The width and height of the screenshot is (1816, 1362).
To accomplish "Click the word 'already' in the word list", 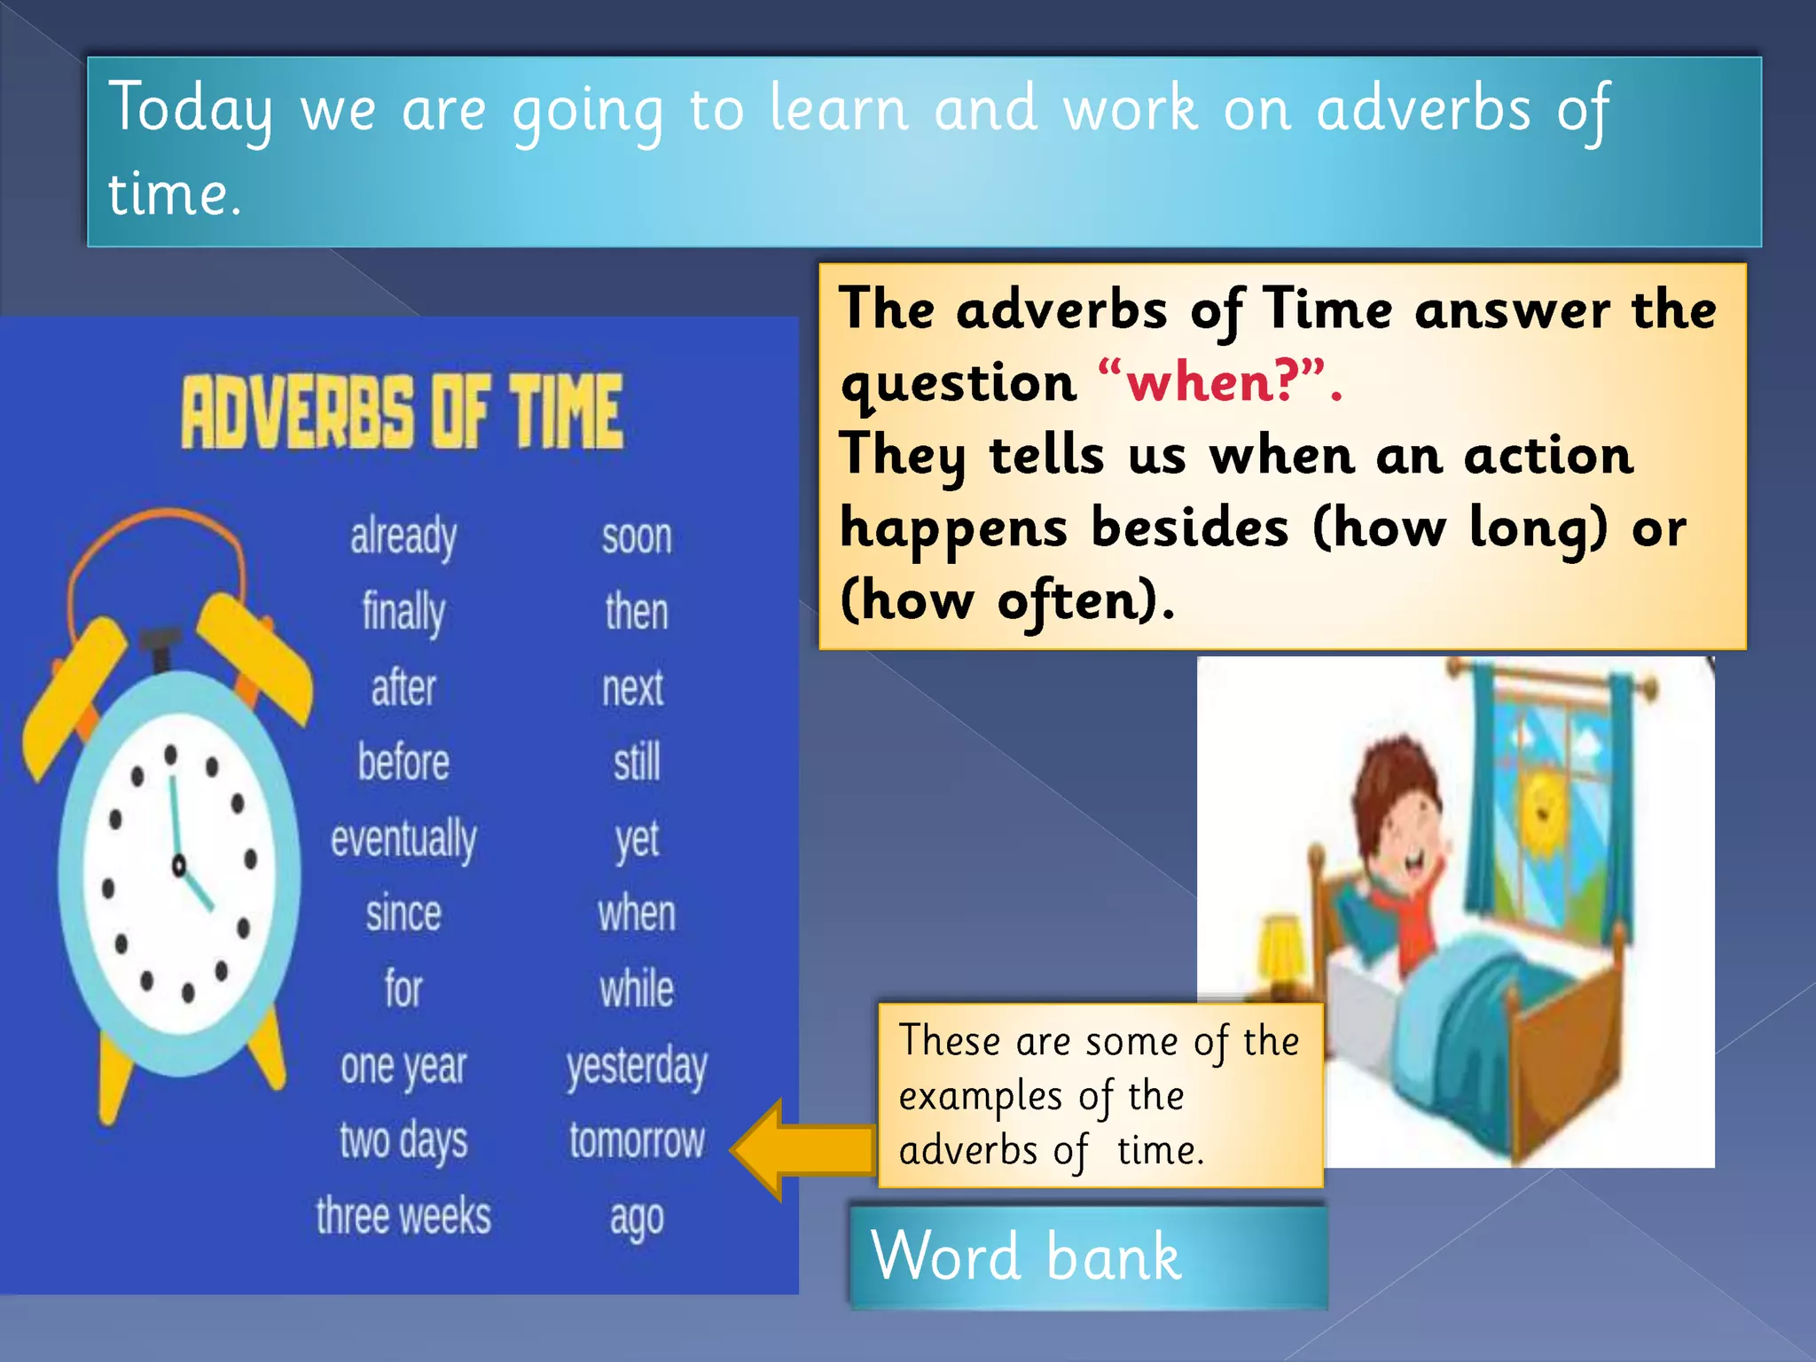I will tap(403, 537).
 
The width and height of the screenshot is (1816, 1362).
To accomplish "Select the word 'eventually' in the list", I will tap(403, 840).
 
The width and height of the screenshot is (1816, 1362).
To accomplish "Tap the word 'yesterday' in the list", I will tap(637, 1067).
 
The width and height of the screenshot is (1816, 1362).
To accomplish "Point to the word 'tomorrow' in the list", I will tap(637, 1141).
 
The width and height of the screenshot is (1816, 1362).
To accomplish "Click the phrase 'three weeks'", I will tap(403, 1217).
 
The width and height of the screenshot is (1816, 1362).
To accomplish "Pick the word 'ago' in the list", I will tap(637, 1219).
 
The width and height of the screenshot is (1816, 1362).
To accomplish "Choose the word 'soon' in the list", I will tap(637, 537).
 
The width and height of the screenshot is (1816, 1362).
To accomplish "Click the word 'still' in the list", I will tap(637, 763).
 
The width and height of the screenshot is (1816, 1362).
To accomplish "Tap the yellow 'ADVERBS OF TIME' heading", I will tap(403, 411).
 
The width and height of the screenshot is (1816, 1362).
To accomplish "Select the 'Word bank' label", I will tap(1026, 1256).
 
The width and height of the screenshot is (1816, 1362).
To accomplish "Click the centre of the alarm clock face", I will tap(179, 865).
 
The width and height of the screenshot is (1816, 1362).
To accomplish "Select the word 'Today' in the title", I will tap(191, 108).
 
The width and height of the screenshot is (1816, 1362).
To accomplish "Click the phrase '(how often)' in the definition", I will tap(1006, 601).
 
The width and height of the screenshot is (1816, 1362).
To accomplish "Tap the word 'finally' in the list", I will tap(403, 613).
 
